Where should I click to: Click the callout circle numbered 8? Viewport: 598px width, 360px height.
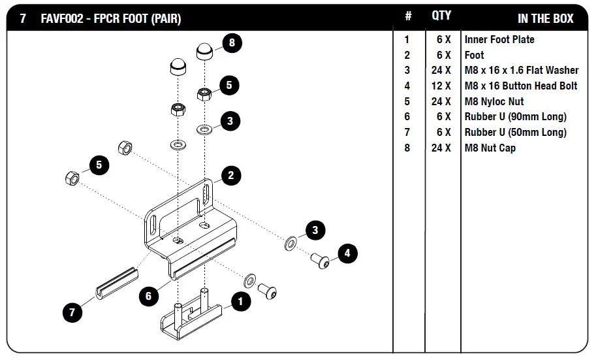click(x=232, y=44)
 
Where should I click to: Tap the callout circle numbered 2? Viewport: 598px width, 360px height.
click(x=231, y=175)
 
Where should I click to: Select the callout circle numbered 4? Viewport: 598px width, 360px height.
click(x=347, y=254)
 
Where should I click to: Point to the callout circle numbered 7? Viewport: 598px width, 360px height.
click(x=72, y=312)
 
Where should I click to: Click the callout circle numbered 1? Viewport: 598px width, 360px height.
click(x=241, y=301)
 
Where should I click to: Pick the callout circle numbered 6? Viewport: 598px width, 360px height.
click(x=149, y=296)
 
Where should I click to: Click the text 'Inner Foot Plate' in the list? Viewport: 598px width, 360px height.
click(x=499, y=39)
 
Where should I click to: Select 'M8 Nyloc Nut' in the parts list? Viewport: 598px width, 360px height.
click(x=494, y=101)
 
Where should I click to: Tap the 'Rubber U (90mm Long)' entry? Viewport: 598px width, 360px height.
click(x=516, y=117)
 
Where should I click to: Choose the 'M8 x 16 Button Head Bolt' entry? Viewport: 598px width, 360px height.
click(x=521, y=86)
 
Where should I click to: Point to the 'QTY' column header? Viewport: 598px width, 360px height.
click(x=441, y=16)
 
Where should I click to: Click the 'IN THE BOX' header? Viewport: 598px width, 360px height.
click(x=545, y=18)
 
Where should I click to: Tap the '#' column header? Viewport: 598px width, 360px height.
click(x=408, y=16)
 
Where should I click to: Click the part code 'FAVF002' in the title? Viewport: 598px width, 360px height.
click(x=61, y=19)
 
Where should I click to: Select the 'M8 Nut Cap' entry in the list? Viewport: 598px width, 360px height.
click(x=490, y=148)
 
